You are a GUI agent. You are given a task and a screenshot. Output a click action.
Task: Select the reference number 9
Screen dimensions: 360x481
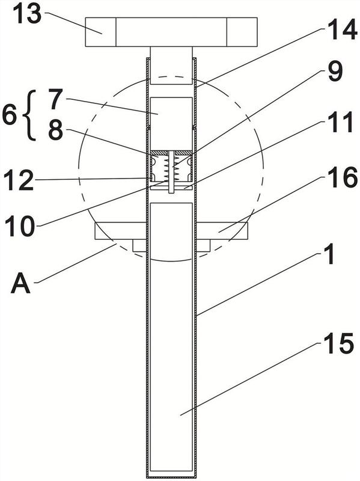coord(335,72)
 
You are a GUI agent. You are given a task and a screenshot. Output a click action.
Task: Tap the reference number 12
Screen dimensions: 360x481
coord(19,181)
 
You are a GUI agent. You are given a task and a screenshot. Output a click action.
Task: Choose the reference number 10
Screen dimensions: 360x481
coord(20,226)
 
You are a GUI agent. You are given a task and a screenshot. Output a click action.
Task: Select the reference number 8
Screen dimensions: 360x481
coord(55,130)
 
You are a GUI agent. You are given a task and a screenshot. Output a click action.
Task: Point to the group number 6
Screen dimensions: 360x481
coord(9,115)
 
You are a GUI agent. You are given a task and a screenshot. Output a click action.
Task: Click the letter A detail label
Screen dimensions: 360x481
coord(20,283)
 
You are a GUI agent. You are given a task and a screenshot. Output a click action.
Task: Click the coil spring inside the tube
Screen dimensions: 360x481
coord(171,168)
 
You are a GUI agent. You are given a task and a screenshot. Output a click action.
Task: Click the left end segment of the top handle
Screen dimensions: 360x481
coord(100,32)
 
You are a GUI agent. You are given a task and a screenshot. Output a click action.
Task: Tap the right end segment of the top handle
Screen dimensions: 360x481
coord(242,32)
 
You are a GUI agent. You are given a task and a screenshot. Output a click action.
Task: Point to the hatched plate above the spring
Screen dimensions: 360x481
coord(171,153)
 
